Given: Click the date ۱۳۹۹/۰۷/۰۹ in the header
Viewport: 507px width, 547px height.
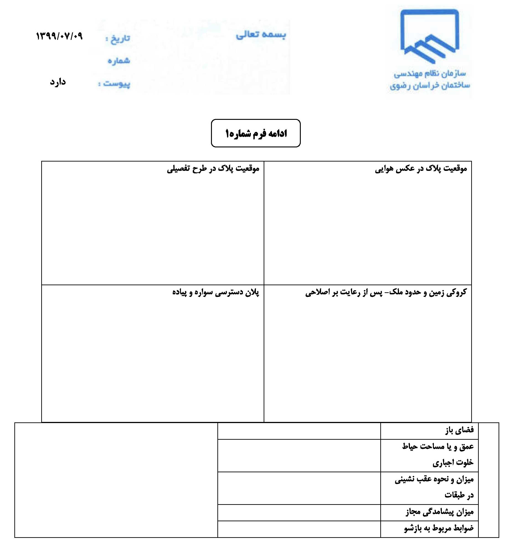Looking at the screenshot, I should point(59,36).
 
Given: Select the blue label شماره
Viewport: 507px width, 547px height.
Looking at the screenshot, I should point(119,61).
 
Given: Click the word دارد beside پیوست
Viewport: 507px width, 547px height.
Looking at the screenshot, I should point(58,82).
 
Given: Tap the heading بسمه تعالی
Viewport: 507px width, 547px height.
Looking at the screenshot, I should point(261,35).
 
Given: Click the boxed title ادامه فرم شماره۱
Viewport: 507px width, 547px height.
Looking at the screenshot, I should point(256,133).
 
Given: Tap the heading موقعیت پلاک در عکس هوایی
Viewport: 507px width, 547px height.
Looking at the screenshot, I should point(421,168).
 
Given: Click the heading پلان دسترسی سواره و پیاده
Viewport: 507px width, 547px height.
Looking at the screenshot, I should point(216,292).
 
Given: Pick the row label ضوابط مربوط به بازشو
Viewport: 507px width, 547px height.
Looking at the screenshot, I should point(439,528).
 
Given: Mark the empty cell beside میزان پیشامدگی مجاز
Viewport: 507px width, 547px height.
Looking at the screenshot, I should point(299,512).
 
